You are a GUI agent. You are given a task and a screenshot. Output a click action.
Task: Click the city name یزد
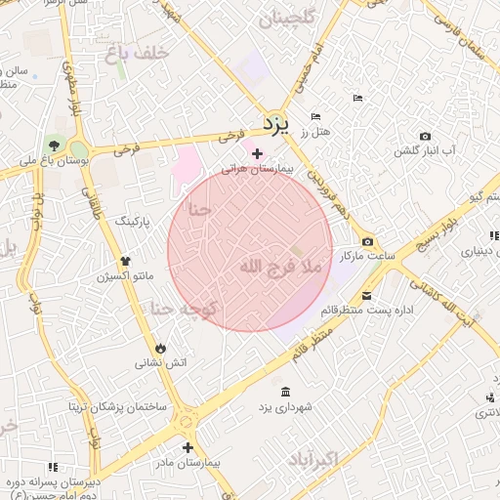click(x=277, y=124)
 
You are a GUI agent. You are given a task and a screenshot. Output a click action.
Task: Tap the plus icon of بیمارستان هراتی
click(x=257, y=153)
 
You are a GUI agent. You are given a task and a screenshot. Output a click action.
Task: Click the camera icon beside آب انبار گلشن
click(x=424, y=136)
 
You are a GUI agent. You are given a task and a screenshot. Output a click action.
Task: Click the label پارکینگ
click(x=134, y=223)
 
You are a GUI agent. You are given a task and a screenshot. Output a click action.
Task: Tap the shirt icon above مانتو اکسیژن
click(x=124, y=261)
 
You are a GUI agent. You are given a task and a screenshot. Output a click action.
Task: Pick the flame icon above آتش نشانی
click(x=160, y=348)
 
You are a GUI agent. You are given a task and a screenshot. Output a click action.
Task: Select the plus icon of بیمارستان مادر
click(x=187, y=447)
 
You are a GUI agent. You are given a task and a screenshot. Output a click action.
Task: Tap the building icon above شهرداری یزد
click(x=284, y=392)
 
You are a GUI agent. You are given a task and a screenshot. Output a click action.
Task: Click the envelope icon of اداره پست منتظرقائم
click(x=366, y=296)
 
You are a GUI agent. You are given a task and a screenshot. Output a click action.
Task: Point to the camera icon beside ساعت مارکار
click(x=367, y=241)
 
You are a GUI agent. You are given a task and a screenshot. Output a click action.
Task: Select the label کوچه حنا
click(x=186, y=309)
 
